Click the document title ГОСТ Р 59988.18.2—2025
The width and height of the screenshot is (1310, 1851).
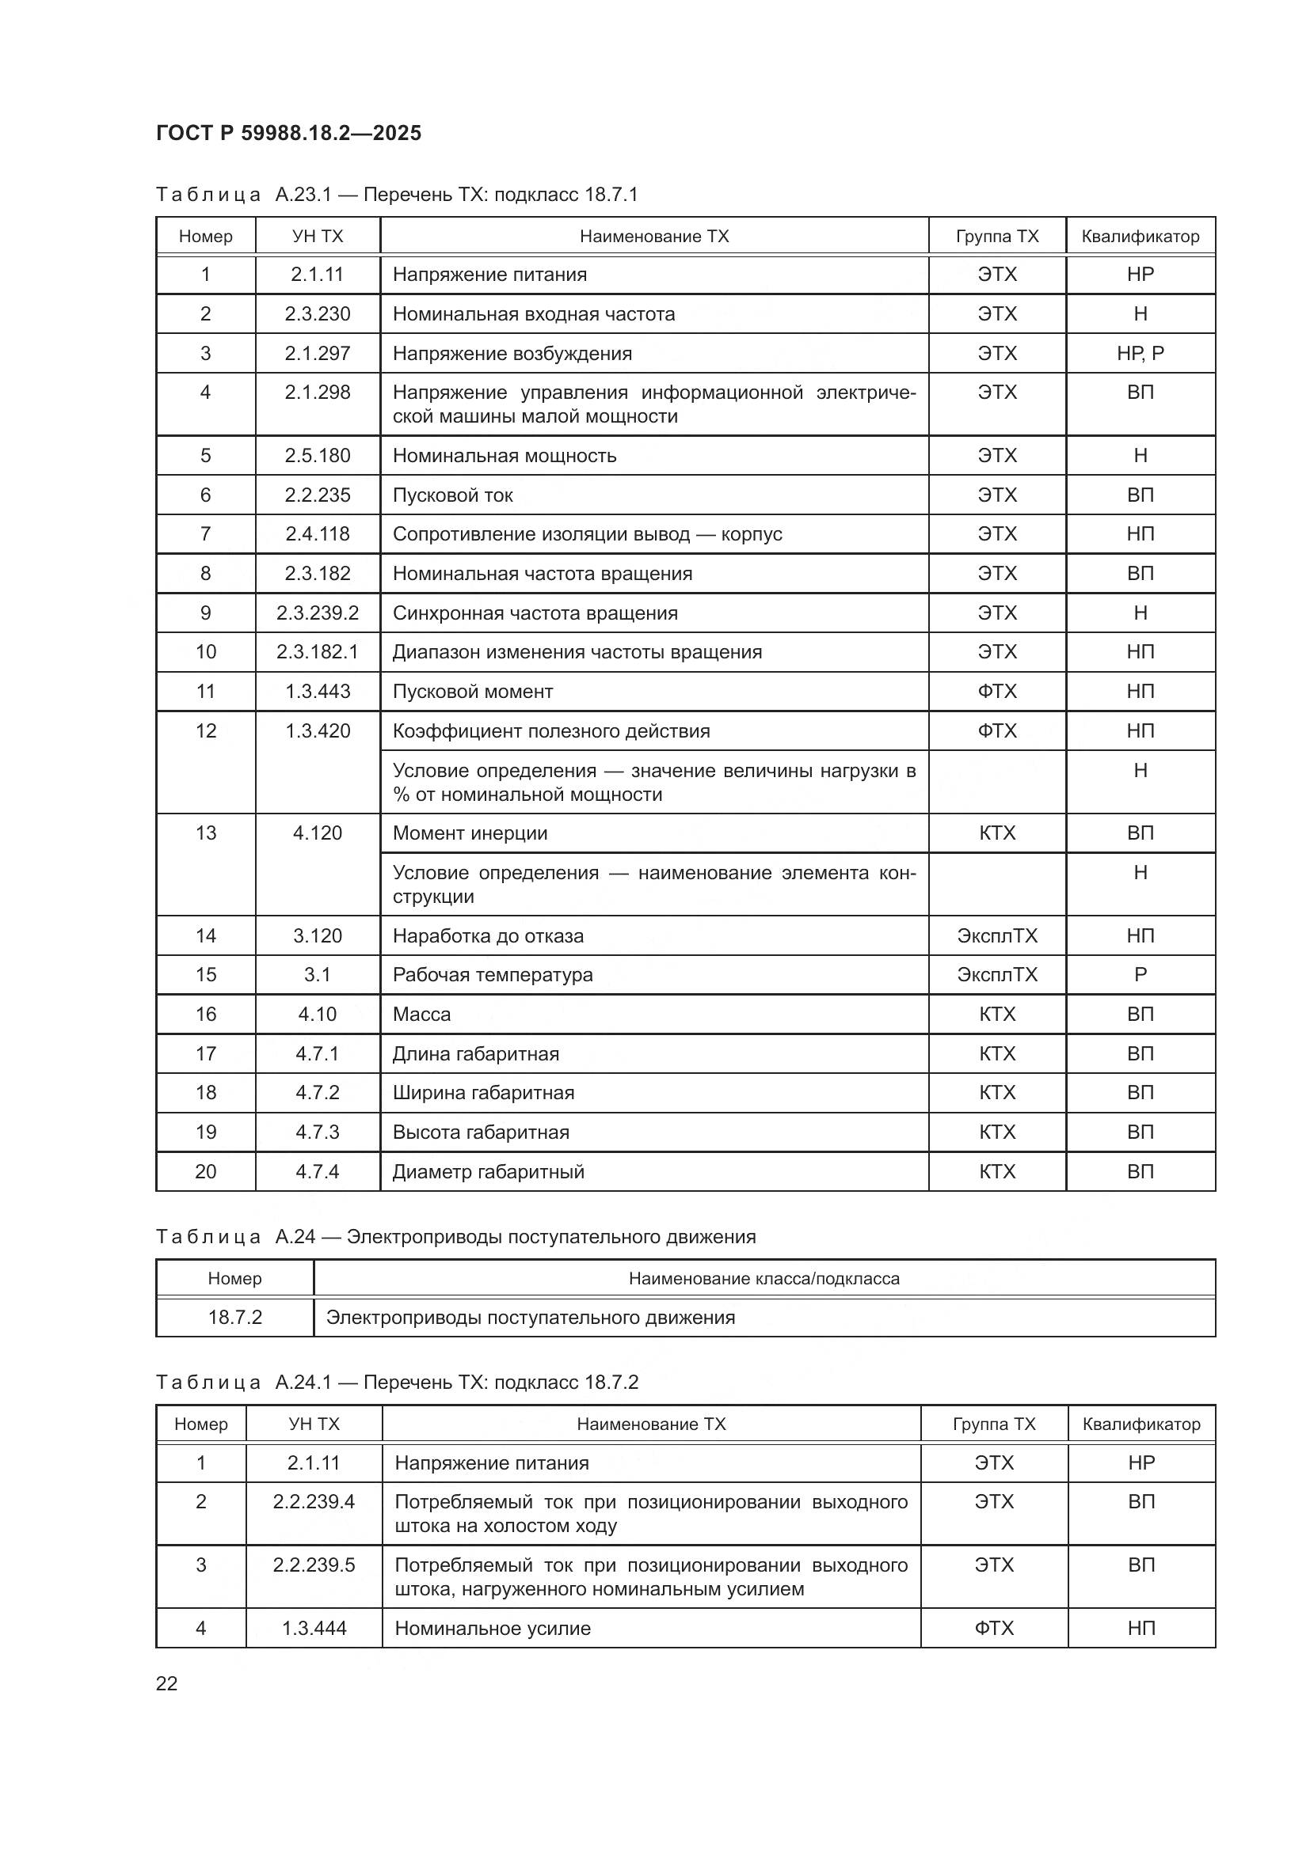[x=288, y=133]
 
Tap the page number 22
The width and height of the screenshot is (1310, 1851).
[x=167, y=1683]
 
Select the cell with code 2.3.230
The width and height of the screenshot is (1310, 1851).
[x=317, y=313]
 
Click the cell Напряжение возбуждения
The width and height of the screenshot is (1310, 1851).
[x=512, y=353]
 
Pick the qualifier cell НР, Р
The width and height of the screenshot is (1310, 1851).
[x=1140, y=353]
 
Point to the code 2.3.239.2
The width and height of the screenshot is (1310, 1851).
[x=317, y=613]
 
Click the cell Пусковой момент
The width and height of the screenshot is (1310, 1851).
[x=473, y=691]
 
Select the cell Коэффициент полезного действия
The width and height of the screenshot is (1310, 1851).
[x=551, y=730]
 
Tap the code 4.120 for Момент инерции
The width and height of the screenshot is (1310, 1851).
[x=317, y=833]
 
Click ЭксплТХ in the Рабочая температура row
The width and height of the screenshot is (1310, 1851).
[x=997, y=974]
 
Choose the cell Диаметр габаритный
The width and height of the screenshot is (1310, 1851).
[x=488, y=1171]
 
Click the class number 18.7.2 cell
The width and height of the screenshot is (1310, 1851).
[x=234, y=1318]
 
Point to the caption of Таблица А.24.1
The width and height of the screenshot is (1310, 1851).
[x=397, y=1382]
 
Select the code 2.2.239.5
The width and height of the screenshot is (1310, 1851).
[x=314, y=1565]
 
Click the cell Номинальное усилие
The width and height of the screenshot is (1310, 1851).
[x=492, y=1628]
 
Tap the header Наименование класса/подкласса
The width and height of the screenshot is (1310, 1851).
[x=764, y=1278]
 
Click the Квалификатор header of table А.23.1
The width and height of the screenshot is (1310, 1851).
[x=1140, y=236]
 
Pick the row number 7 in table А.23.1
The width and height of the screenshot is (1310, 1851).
[x=206, y=533]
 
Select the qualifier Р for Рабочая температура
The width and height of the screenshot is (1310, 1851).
[x=1140, y=974]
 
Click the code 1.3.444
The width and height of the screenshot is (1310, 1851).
[x=314, y=1628]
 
